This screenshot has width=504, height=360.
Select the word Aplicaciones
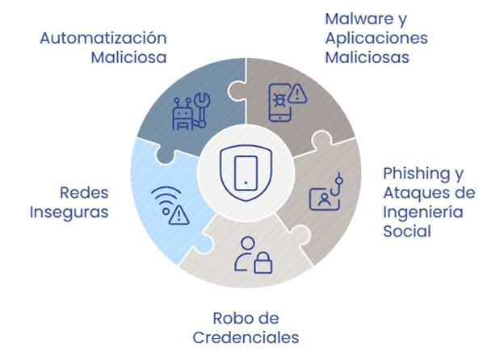click(376, 38)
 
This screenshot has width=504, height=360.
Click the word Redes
click(85, 193)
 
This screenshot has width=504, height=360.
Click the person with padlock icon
click(253, 254)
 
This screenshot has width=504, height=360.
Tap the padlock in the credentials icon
click(262, 263)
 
